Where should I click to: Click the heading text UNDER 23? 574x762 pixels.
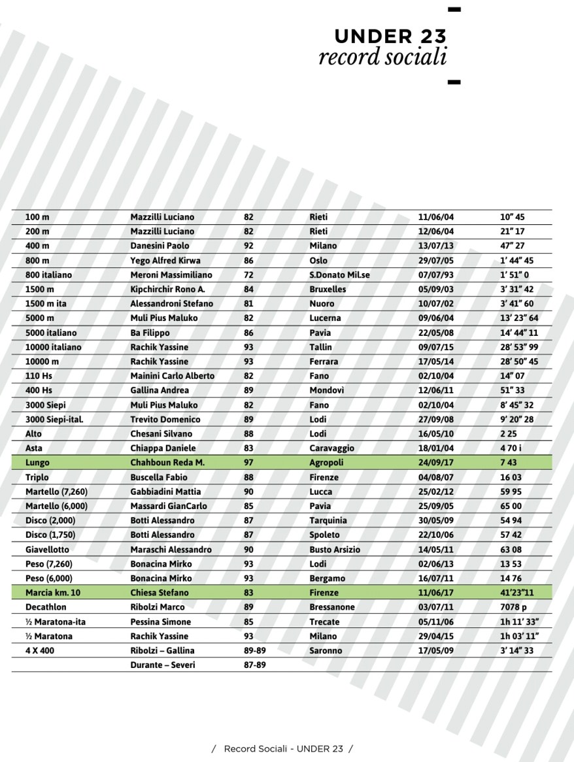(x=390, y=36)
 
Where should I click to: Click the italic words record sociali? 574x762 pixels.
(x=382, y=57)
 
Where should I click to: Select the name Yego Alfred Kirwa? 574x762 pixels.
(x=165, y=261)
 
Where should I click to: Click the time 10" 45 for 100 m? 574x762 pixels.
(x=513, y=217)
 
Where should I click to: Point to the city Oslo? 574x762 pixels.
(x=318, y=261)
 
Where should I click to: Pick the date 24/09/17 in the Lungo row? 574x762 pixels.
(x=436, y=463)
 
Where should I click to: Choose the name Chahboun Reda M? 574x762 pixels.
(x=167, y=463)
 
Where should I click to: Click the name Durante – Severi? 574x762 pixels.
(x=162, y=665)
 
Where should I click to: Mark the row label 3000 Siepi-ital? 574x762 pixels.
(x=54, y=420)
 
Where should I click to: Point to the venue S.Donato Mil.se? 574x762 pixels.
(x=339, y=275)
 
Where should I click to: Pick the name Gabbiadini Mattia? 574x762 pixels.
(x=165, y=491)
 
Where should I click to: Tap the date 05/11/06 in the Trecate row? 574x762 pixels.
(x=436, y=621)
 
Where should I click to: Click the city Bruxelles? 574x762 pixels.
(x=328, y=290)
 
